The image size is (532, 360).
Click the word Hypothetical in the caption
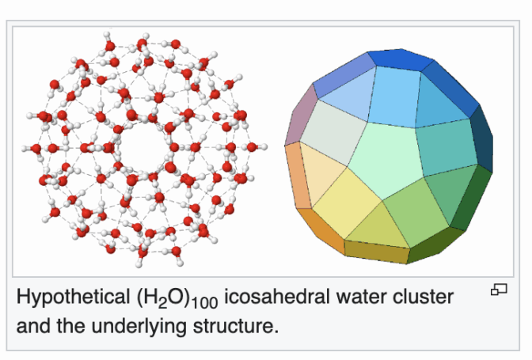(73, 297)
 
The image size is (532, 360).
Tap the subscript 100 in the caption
(204, 302)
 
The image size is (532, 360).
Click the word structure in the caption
(236, 327)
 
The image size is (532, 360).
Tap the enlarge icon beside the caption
(499, 290)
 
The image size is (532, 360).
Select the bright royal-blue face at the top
(401, 59)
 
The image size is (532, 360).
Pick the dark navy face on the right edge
(483, 139)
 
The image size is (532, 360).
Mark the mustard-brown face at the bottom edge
(377, 252)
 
